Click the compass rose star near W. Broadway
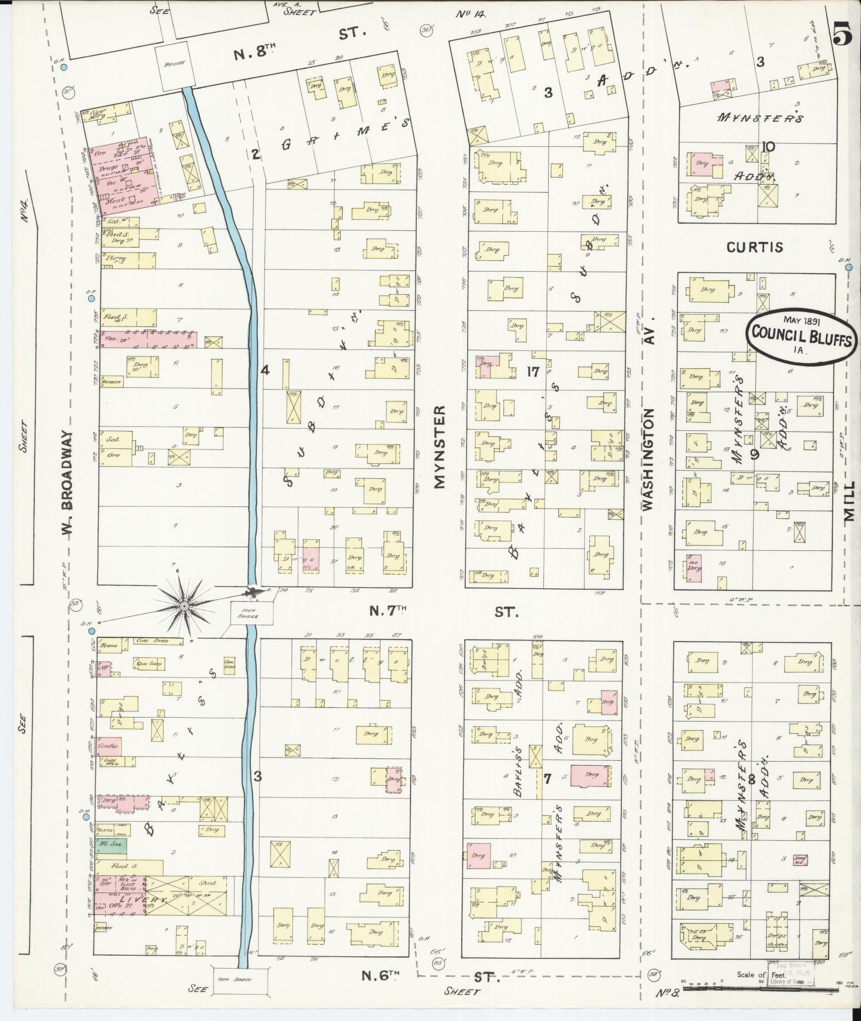pyautogui.click(x=184, y=606)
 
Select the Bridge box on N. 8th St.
pyautogui.click(x=175, y=63)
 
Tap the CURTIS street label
pyautogui.click(x=754, y=247)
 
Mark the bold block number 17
pyautogui.click(x=532, y=372)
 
